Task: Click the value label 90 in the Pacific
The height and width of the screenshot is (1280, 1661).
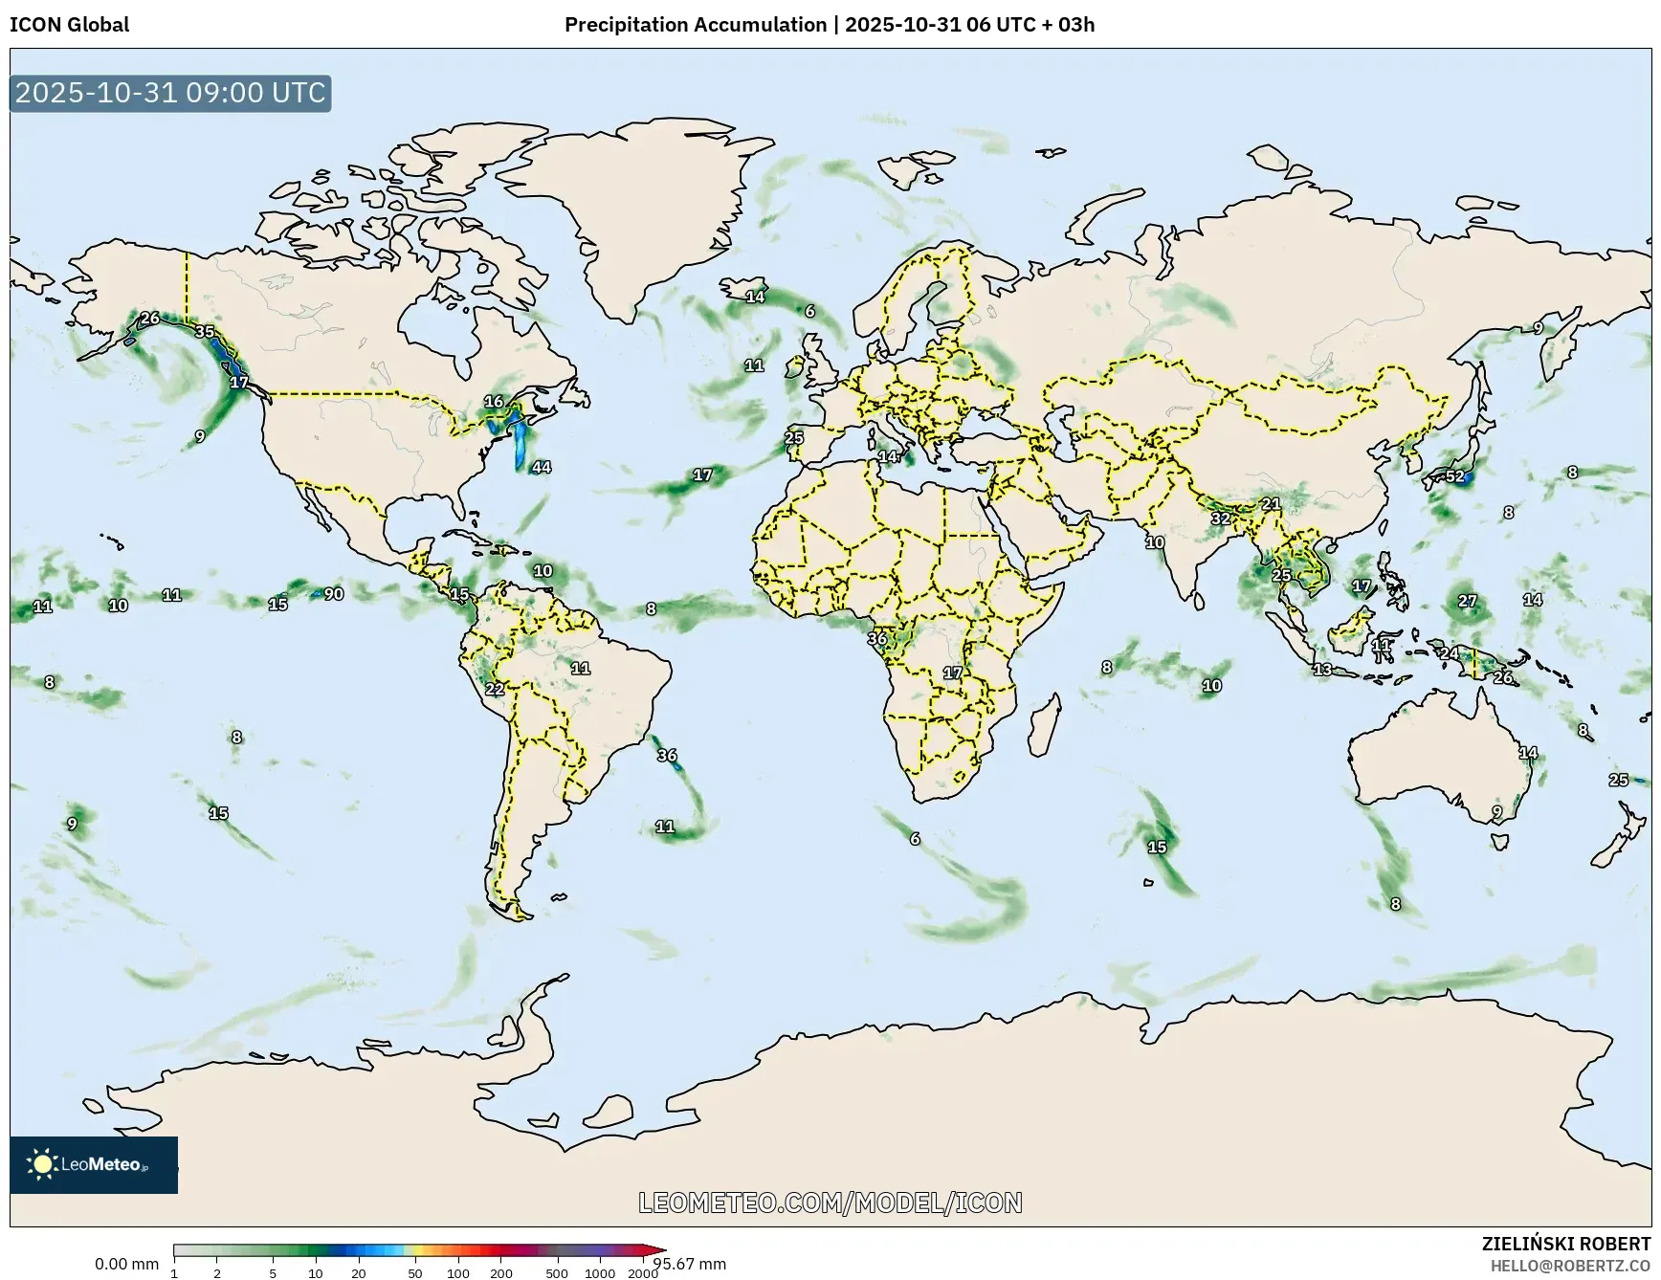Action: point(333,594)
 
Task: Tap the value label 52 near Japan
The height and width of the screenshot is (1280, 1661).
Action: point(1454,476)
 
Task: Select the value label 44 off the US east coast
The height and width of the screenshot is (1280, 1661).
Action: point(542,467)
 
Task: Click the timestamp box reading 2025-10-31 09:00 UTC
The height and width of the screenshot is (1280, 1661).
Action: point(170,93)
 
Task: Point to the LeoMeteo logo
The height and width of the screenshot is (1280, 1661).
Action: point(93,1164)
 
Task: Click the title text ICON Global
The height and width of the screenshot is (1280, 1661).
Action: point(69,25)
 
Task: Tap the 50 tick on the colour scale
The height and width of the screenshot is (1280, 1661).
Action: point(414,1273)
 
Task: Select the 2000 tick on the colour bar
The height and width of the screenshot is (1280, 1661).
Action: point(642,1273)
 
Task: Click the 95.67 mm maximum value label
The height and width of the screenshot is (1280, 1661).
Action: point(689,1264)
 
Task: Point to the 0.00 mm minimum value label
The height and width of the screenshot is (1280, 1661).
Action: point(126,1264)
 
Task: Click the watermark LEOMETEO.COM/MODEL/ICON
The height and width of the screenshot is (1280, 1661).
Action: point(830,1203)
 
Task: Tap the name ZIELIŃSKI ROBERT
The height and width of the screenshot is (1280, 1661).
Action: point(1565,1244)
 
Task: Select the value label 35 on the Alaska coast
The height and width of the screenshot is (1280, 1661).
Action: point(205,332)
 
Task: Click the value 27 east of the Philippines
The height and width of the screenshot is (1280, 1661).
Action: point(1467,602)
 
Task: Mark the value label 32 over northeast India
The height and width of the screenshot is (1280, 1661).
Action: point(1220,519)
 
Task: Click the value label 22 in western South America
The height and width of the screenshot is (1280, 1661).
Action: point(495,689)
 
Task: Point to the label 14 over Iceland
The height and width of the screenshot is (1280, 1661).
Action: point(756,297)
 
